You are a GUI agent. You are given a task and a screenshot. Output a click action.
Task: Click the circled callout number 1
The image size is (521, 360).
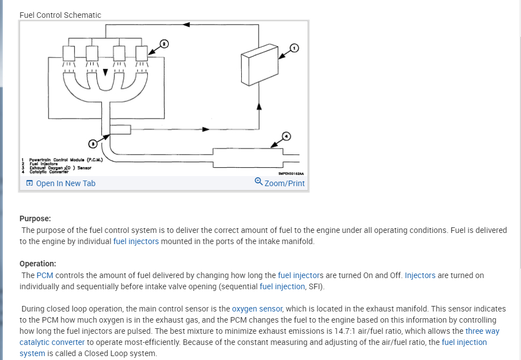[x=295, y=48]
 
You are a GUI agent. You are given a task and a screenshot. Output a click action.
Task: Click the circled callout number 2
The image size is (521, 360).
[x=164, y=43]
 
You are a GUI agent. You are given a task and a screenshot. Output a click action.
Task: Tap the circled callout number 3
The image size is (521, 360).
[x=94, y=143]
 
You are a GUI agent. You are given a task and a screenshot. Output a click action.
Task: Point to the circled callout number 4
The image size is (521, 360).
[x=286, y=136]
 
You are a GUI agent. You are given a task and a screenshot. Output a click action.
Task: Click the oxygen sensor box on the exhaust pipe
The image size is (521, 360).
[x=120, y=129]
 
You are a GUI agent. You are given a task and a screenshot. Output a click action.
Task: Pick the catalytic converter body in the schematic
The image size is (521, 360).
[x=245, y=157]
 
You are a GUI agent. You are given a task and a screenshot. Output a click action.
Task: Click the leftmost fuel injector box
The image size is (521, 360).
[x=69, y=53]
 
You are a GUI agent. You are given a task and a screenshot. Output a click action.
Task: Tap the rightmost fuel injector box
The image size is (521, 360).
[x=141, y=53]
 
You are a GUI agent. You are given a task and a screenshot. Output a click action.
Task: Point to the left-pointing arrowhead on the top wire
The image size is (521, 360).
[x=187, y=25]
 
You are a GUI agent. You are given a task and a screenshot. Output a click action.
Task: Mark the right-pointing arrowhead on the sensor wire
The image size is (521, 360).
[x=206, y=129]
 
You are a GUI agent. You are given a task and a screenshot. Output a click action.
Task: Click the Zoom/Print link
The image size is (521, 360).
[x=280, y=183]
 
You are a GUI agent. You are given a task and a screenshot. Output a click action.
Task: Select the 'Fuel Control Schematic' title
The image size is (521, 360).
[x=60, y=15]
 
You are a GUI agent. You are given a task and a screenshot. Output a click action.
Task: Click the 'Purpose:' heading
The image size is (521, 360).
[x=35, y=219]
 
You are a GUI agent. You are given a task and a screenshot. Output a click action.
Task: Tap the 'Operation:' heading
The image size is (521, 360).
[x=38, y=264]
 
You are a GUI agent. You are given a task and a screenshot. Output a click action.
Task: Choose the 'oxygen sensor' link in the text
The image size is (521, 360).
[x=257, y=309]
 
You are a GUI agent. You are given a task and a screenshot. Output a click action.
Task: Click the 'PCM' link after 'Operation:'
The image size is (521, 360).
[x=45, y=275]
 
